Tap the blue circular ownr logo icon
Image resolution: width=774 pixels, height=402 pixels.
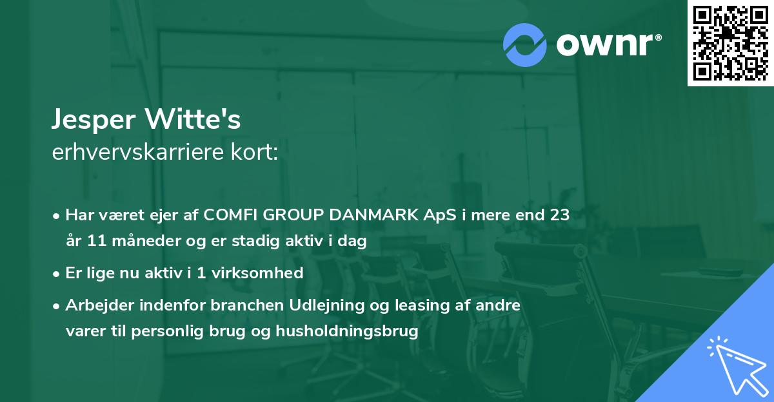524,44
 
